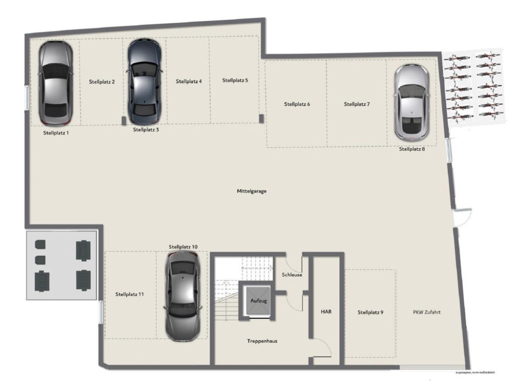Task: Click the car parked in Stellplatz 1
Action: (55, 84)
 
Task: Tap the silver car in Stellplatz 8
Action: (412, 102)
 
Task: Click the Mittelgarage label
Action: (251, 192)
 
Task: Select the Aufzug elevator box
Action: (258, 301)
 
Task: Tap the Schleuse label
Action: (292, 275)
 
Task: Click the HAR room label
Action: (326, 311)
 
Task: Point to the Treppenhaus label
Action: (262, 341)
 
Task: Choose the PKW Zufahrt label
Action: (427, 312)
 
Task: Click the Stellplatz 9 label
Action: (370, 312)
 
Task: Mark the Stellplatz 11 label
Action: (129, 294)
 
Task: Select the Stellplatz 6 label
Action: (297, 104)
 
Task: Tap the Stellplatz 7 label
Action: (357, 104)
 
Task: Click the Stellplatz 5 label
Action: (235, 80)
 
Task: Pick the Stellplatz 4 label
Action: (189, 81)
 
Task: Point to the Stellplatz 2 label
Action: (102, 81)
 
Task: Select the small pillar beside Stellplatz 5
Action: (262, 118)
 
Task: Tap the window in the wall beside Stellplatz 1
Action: (27, 96)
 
